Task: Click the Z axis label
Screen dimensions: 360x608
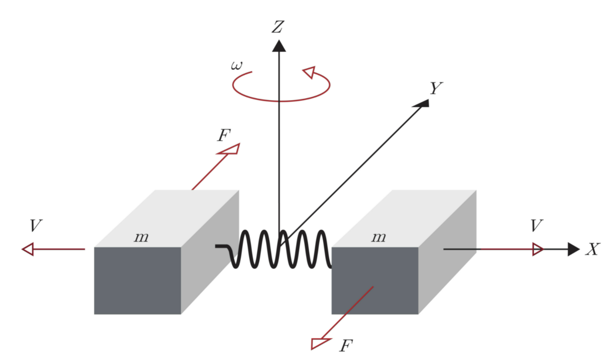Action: point(278,27)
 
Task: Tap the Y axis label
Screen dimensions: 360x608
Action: point(436,88)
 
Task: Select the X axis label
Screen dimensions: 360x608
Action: point(593,249)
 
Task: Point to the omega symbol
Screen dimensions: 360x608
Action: point(237,66)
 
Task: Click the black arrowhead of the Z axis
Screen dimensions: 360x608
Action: point(279,46)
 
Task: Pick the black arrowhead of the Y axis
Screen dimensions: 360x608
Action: point(423,103)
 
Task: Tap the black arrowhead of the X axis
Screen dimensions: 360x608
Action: point(573,249)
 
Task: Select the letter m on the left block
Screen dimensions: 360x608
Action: point(141,237)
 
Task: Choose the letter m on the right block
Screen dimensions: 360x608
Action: point(379,237)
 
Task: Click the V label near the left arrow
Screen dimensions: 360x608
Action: point(36,226)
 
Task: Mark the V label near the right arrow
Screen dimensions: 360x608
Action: point(536,225)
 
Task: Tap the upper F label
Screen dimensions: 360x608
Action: point(223,136)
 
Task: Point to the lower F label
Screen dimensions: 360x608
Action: point(346,345)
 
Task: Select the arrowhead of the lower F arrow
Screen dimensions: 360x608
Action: point(319,343)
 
